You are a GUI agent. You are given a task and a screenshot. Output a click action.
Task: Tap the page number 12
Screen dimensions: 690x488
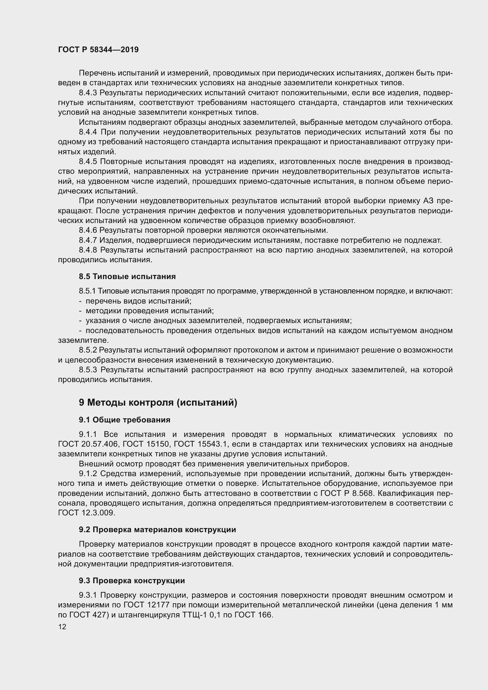point(62,627)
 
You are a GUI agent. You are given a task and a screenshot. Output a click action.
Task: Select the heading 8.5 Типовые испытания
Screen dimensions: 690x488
point(127,276)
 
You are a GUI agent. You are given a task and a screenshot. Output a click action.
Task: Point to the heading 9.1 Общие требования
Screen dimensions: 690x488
point(125,420)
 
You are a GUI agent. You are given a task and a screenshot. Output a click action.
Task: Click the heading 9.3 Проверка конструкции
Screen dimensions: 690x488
point(132,581)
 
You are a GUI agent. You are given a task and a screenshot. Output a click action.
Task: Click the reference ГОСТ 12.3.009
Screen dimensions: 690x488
point(86,513)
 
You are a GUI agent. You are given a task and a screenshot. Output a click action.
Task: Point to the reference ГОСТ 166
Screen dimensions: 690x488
point(253,615)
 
